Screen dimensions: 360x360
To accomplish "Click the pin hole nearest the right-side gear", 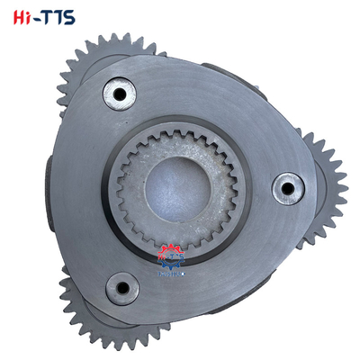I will pos(287,188).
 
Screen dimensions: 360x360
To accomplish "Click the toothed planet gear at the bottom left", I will pos(90,315).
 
